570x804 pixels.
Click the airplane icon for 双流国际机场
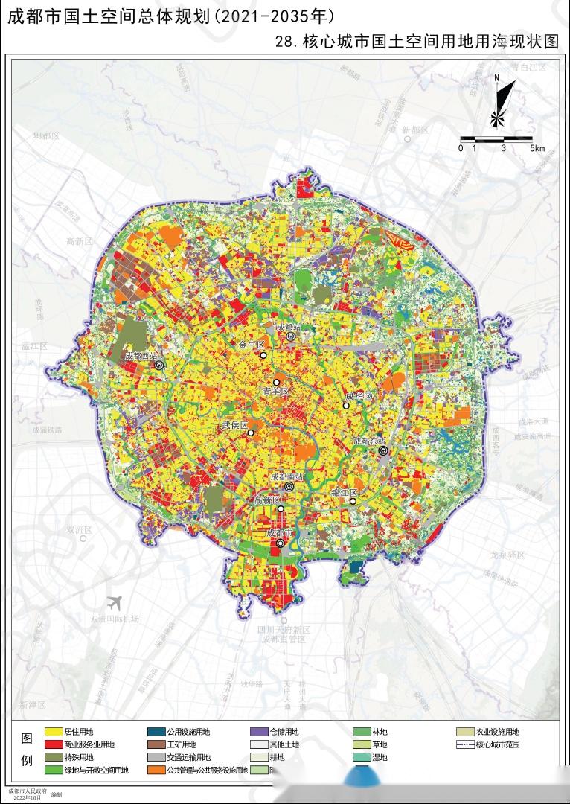coord(114,602)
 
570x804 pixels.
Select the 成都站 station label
coord(289,327)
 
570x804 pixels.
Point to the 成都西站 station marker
coord(158,366)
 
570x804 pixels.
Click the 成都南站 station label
coord(287,476)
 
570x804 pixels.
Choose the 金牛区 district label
coord(252,345)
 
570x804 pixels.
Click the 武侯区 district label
coord(234,424)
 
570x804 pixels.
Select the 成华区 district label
coord(358,395)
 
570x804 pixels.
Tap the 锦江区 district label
coord(345,493)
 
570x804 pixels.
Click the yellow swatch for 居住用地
coord(53,733)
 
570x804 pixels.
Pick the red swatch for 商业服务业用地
coord(53,744)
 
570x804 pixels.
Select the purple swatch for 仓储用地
coord(258,733)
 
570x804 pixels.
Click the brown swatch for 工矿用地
coord(156,744)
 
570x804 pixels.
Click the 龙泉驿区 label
coord(508,555)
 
